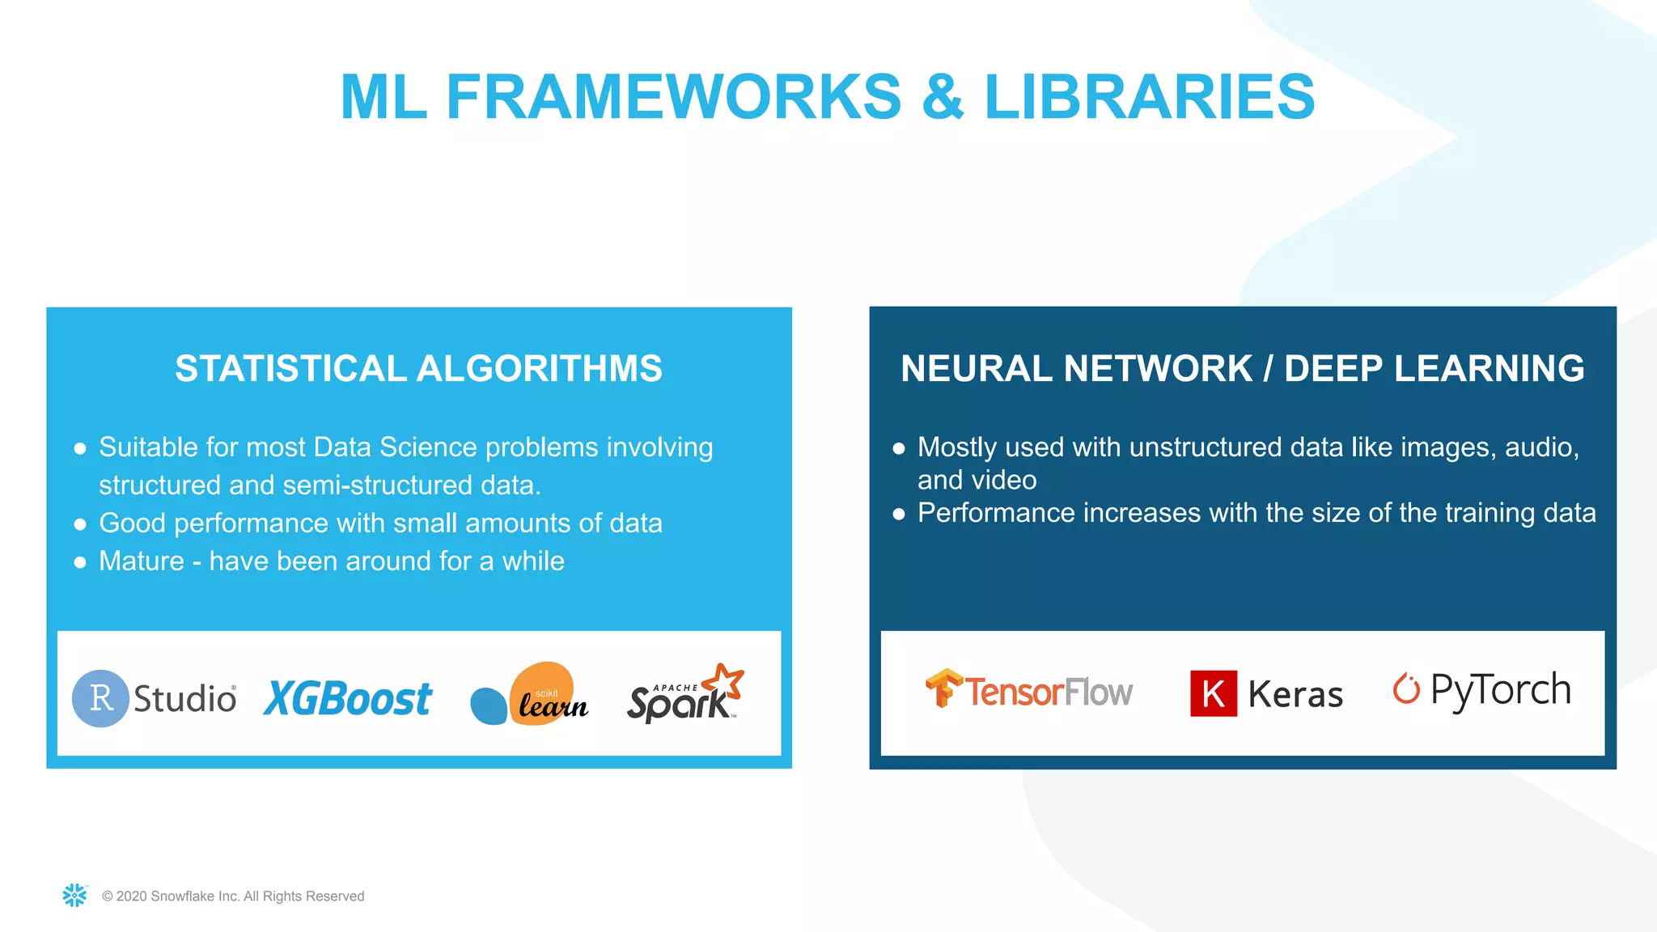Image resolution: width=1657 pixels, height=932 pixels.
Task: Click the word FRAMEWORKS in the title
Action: (673, 97)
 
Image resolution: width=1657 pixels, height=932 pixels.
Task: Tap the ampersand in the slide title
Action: (943, 97)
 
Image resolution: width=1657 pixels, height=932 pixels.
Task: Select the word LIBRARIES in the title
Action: (1149, 97)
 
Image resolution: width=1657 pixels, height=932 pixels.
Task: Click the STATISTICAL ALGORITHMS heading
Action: (418, 369)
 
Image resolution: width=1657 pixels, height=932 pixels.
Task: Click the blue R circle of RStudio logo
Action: (100, 698)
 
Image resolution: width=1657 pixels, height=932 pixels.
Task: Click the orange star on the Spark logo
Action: (724, 680)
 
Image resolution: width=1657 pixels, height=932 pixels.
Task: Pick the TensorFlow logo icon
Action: (943, 688)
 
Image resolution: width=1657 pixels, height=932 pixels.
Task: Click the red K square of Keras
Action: (1214, 693)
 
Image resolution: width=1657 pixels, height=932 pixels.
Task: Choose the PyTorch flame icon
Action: (1406, 688)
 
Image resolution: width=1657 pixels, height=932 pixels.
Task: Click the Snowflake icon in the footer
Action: (74, 895)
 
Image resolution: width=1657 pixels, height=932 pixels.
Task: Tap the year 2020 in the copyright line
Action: (132, 896)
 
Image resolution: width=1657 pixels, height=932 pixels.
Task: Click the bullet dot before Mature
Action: (80, 562)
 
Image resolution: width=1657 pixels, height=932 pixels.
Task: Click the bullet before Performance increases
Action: (898, 514)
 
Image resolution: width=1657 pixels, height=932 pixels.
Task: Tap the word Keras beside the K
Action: (1295, 695)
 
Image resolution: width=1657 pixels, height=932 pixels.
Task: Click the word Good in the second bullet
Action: (132, 523)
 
